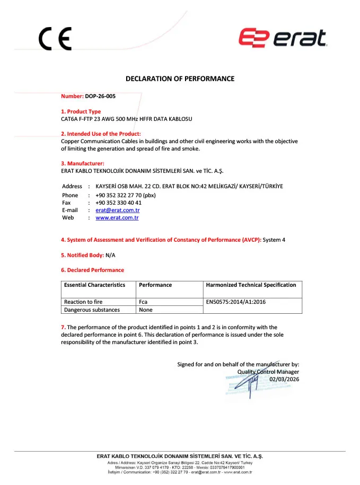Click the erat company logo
(x=282, y=38)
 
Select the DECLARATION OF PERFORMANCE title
(x=180, y=79)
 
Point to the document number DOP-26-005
(x=100, y=96)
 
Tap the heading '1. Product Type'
(x=81, y=111)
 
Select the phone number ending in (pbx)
(x=125, y=195)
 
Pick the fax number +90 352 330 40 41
(x=118, y=202)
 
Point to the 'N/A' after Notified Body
(x=110, y=255)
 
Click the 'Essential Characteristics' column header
(x=94, y=285)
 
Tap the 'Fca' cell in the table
(x=143, y=302)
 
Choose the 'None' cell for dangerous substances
(x=145, y=310)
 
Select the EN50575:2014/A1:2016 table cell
(x=236, y=302)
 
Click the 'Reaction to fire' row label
(x=83, y=302)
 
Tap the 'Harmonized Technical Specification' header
(x=251, y=285)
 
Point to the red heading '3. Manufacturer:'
(x=83, y=163)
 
